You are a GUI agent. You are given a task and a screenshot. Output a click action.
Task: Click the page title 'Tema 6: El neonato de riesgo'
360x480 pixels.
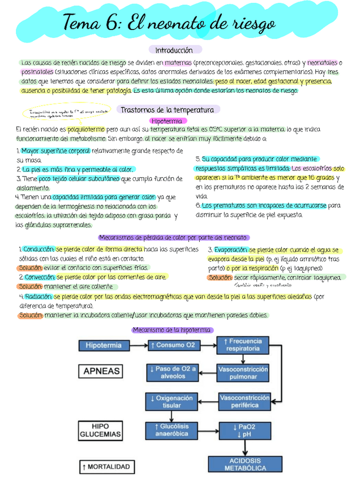[x=169, y=24]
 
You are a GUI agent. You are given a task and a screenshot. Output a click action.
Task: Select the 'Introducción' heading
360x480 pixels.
[x=174, y=50]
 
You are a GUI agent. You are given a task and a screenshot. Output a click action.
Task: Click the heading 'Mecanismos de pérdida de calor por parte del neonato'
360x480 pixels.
[x=174, y=238]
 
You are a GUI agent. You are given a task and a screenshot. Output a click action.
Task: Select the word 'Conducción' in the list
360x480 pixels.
[x=38, y=250]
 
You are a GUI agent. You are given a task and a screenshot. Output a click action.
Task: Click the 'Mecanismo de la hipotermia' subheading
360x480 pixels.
[x=172, y=329]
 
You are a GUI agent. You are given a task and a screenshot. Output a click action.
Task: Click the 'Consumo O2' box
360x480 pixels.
[x=173, y=345]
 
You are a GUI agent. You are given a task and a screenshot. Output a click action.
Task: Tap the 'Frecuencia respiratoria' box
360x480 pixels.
[x=242, y=345]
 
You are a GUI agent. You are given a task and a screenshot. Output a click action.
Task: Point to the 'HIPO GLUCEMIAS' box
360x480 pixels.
[x=101, y=431]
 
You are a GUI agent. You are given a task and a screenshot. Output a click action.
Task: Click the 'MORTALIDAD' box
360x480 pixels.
[x=106, y=467]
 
